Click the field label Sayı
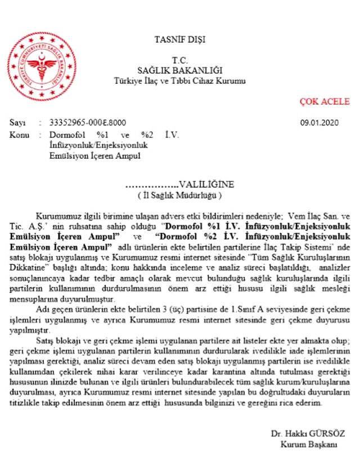(17, 123)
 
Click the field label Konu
(19, 136)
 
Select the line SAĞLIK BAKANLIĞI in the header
(180, 70)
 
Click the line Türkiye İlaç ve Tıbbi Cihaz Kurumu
(180, 81)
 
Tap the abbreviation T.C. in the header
(180, 60)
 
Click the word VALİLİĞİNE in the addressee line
(206, 185)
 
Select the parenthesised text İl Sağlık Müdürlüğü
(180, 195)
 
